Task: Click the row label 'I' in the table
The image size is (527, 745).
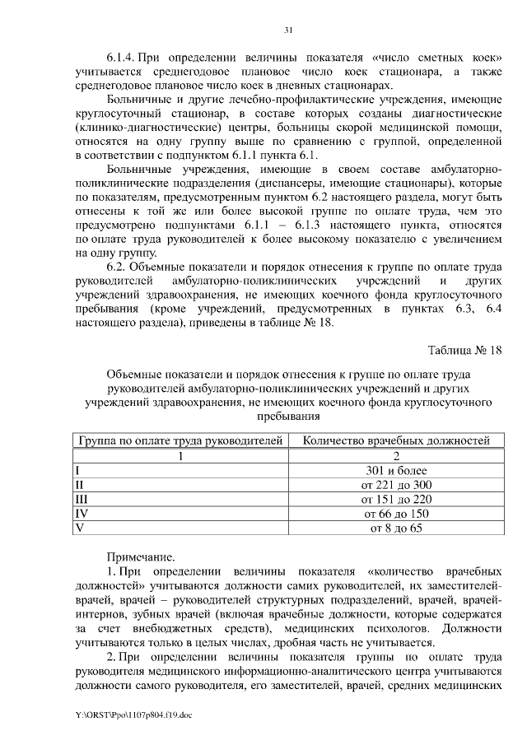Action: pos(77,470)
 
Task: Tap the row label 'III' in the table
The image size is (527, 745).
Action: pos(81,499)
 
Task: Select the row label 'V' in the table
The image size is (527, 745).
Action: pos(78,528)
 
